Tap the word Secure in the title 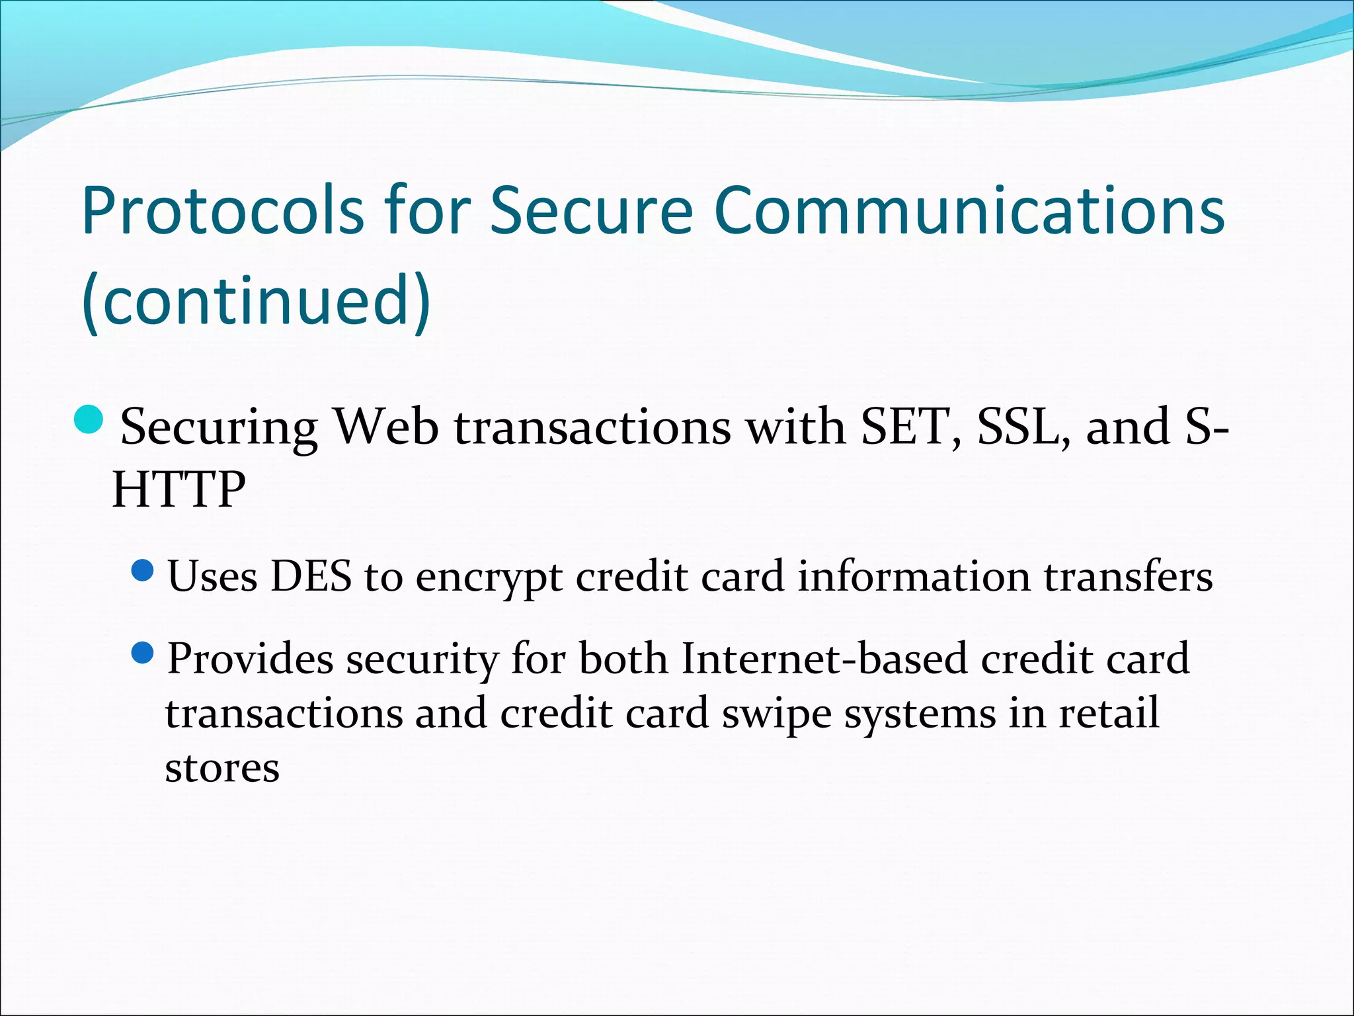[591, 211]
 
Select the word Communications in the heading [969, 211]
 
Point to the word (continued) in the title [257, 301]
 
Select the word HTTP [179, 489]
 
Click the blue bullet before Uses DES [143, 570]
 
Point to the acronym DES [311, 576]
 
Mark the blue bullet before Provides [143, 654]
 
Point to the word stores [222, 769]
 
